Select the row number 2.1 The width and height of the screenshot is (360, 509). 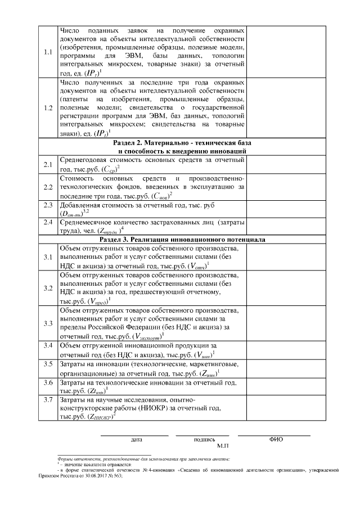click(x=48, y=164)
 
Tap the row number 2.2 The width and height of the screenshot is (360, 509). click(x=48, y=187)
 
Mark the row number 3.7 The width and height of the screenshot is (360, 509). click(x=48, y=400)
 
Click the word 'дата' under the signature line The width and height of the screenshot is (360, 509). click(x=136, y=439)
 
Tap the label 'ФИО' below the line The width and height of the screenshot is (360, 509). click(x=276, y=439)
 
